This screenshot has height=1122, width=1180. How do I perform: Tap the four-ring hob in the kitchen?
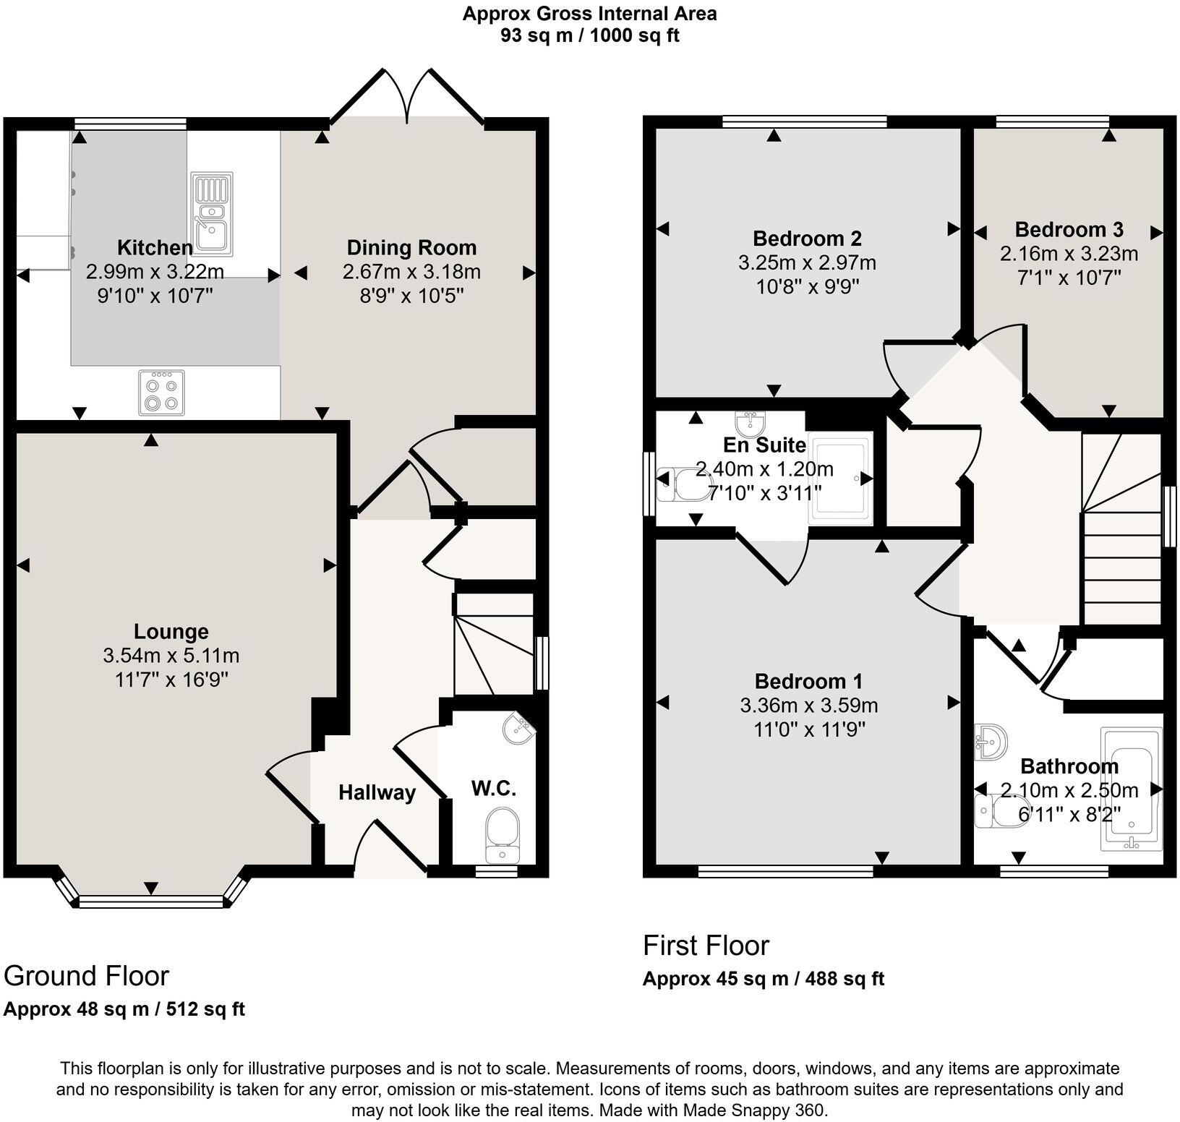[161, 393]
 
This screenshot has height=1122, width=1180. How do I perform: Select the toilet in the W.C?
[503, 836]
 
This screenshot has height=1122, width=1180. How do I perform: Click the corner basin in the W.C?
[518, 728]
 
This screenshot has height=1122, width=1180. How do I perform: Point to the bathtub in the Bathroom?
[1132, 789]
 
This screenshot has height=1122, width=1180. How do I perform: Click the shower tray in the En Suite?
[842, 479]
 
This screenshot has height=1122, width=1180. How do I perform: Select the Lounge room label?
[171, 632]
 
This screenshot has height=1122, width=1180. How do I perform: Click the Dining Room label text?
[411, 248]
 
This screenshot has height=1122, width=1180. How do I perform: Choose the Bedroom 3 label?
[1069, 230]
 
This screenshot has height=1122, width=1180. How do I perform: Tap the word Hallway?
[377, 793]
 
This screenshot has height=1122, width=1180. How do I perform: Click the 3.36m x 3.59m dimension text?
[809, 706]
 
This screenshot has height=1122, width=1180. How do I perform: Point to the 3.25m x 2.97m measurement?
[807, 262]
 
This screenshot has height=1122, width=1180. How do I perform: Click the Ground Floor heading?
[86, 976]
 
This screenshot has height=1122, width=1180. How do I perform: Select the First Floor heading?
[706, 946]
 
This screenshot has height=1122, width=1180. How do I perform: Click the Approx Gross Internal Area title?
[590, 14]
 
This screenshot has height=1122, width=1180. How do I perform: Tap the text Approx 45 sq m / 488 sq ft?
[764, 980]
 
